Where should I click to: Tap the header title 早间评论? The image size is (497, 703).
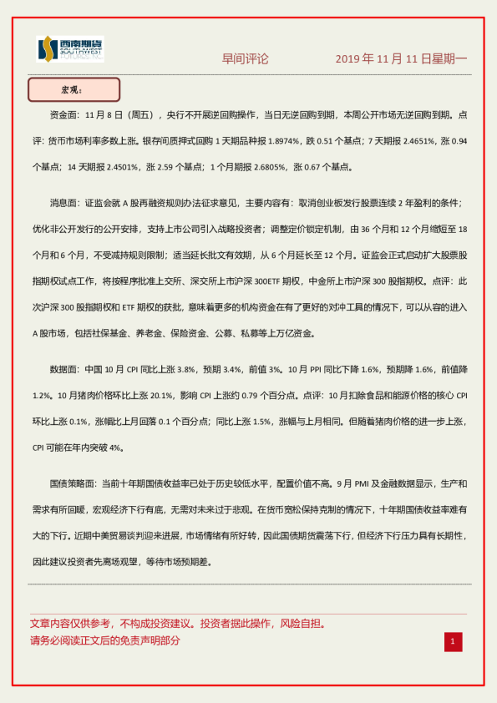246,59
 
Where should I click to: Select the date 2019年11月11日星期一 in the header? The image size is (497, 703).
401,59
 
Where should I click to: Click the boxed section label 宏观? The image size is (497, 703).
74,89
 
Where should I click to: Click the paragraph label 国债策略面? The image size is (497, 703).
74,483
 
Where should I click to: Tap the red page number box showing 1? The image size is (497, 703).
452,641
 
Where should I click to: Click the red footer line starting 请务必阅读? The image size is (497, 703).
105,640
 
